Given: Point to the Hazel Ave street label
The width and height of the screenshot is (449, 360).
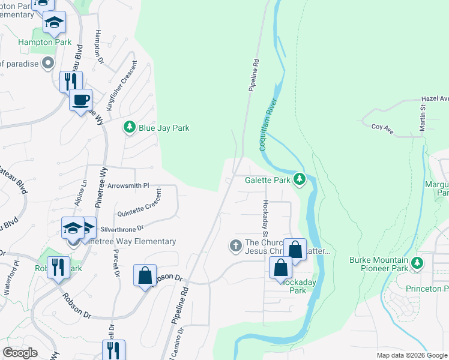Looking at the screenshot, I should (435, 98).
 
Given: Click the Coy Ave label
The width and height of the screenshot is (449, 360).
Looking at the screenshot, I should (382, 127).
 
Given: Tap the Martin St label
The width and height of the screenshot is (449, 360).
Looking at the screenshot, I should (422, 117).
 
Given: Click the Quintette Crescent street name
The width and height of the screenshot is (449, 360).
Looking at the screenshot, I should (140, 204).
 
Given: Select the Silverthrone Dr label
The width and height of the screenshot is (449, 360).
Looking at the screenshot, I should (123, 229).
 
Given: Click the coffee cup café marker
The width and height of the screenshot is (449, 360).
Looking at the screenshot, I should (80, 100).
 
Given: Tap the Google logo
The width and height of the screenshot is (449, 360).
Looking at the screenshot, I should (20, 353).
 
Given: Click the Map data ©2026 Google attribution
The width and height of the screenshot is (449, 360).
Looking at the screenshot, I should (411, 355).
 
